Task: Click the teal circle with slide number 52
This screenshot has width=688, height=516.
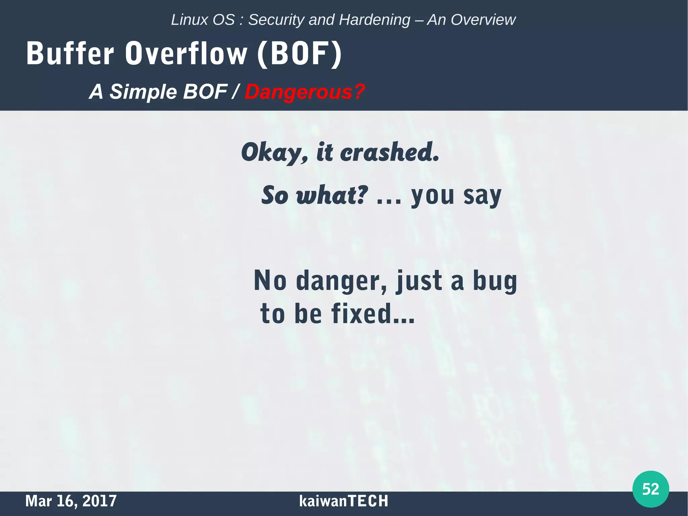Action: point(650,489)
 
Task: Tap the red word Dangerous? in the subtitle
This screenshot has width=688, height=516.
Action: point(304,92)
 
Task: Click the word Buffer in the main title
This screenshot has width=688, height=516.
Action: point(70,53)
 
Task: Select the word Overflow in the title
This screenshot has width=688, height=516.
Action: point(186,53)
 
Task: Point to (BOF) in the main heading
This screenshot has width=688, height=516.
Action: point(299,54)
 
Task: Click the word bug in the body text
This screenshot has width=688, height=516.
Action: point(495,281)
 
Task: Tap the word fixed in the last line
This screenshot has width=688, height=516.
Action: point(361,313)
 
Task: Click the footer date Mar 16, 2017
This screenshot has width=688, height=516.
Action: point(71,501)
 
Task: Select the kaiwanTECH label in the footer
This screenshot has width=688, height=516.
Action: point(343,501)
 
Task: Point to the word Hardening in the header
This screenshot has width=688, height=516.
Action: point(375,20)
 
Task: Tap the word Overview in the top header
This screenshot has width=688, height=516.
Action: point(483,20)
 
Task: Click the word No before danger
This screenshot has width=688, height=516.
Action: point(270,281)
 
